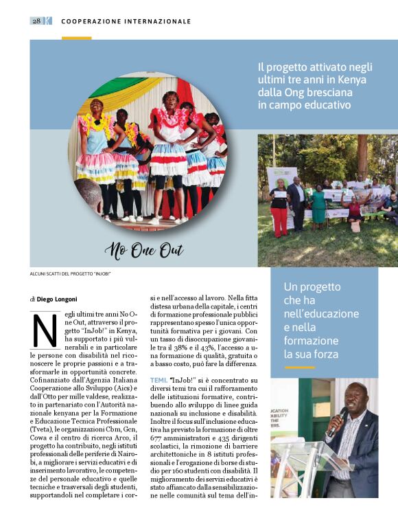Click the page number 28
[36, 21]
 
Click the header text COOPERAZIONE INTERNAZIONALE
[126, 21]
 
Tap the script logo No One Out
[145, 251]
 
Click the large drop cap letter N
[45, 331]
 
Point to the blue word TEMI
[159, 379]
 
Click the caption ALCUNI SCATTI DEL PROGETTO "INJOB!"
[71, 274]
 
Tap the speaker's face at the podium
[356, 398]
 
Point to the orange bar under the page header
[76, 38]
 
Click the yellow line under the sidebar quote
[299, 368]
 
